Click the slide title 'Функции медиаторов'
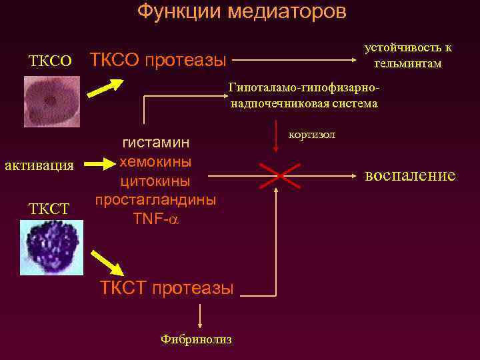241,12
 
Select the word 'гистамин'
155,143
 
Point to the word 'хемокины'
155,162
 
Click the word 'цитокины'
155,181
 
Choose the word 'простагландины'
155,199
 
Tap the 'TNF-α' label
155,217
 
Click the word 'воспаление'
410,175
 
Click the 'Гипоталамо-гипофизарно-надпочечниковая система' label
304,95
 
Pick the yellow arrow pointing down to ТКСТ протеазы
109,263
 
